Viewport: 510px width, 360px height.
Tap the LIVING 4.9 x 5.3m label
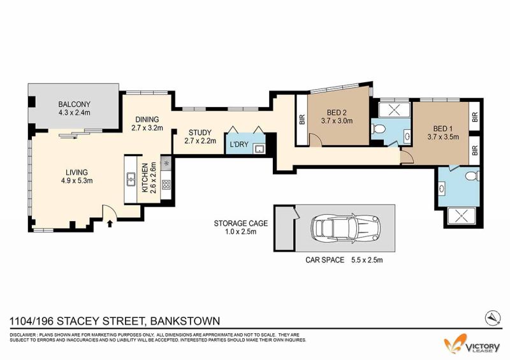[x=76, y=176]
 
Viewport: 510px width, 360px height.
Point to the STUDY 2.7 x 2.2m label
[x=200, y=136]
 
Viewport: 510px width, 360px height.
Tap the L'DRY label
[x=239, y=144]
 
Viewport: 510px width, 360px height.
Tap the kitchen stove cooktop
[x=166, y=185]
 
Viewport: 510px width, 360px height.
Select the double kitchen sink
[x=131, y=179]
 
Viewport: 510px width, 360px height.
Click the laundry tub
[x=259, y=149]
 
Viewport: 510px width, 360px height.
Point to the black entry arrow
[x=110, y=223]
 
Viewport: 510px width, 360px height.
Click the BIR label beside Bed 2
[x=302, y=120]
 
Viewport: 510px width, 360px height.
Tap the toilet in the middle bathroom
[x=379, y=129]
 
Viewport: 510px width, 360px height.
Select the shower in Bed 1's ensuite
[x=461, y=215]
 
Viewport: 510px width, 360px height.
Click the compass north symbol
[x=493, y=318]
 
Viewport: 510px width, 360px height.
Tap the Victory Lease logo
[x=472, y=345]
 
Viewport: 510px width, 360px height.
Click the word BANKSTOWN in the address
[x=185, y=321]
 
